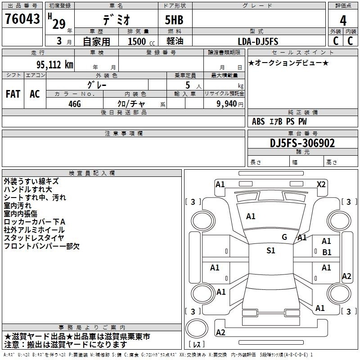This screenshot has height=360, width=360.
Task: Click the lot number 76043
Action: pos(22,18)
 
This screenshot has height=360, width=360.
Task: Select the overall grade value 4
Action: pos(343,20)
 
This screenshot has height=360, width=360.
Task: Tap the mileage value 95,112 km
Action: pos(55,64)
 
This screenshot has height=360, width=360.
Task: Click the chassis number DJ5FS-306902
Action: pos(302,143)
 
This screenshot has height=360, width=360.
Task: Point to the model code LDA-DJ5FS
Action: pos(258,41)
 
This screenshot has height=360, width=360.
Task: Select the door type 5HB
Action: pos(174,20)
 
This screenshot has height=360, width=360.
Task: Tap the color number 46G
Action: pos(75,104)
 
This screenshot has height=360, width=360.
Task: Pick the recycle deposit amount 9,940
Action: pos(227,103)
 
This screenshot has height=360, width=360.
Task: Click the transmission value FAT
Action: pos(13,94)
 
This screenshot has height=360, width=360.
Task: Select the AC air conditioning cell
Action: pos(35,94)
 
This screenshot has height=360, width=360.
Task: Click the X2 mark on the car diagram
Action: pos(321,184)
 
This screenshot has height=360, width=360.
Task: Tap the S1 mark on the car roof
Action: pos(271,250)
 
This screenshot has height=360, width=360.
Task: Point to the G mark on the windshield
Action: pos(284,237)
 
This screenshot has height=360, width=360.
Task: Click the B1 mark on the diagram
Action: pos(327,252)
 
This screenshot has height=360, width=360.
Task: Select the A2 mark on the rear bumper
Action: pos(220,332)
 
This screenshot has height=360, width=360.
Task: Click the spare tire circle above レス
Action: pos(197,328)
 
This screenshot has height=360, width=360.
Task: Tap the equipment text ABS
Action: pos(258,121)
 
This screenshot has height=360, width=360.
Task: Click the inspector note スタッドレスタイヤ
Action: pos(34,238)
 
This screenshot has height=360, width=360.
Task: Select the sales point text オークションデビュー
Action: pos(288,63)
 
